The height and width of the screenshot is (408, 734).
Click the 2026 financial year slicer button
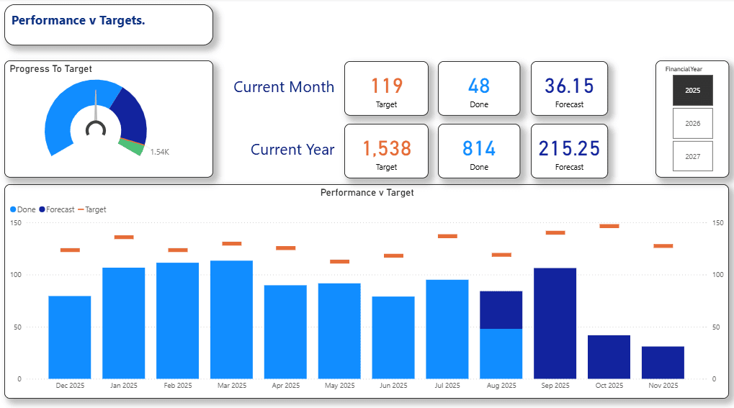pos(692,123)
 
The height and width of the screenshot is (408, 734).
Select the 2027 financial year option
pos(692,156)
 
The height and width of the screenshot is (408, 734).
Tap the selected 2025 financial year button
pos(692,91)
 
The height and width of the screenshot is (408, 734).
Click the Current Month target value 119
pos(386,86)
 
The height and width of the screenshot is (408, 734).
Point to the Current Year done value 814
pos(479,149)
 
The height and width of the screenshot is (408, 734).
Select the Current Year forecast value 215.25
pos(569,149)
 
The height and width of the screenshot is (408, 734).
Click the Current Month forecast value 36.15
pos(569,86)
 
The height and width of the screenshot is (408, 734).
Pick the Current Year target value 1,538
pos(386,149)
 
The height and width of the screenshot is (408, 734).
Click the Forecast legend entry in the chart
pos(57,209)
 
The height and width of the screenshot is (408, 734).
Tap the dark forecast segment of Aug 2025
pos(501,309)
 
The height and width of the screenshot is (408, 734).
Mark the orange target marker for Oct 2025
pos(609,226)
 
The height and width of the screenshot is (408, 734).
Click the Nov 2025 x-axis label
pos(663,386)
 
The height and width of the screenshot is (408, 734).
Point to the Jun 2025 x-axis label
pos(393,386)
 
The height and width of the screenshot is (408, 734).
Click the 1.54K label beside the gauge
pos(159,152)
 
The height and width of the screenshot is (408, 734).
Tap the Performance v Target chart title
pos(367,193)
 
